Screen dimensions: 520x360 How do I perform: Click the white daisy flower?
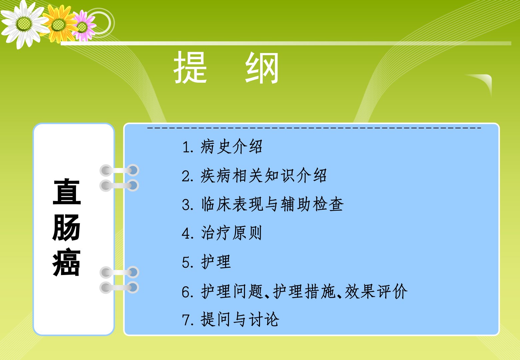[24, 24]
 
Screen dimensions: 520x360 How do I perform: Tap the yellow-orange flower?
[59, 25]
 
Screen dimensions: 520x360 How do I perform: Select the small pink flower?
[82, 26]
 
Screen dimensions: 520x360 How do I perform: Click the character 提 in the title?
[190, 67]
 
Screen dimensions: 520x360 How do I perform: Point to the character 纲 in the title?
[262, 67]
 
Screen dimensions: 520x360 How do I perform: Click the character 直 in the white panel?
[67, 192]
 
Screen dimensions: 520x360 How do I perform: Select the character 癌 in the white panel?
[66, 262]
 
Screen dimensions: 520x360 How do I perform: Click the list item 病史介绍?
[231, 146]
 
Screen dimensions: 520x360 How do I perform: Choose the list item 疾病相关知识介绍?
[263, 175]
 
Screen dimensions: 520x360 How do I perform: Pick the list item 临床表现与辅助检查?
[272, 204]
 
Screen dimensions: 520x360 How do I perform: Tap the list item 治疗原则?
[231, 233]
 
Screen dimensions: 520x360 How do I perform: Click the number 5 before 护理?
[186, 263]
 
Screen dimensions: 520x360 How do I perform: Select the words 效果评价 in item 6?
[376, 291]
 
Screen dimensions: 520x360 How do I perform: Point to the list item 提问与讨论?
[240, 319]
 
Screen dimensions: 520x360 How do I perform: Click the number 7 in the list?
[186, 320]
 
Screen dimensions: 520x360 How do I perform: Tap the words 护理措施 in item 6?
[304, 291]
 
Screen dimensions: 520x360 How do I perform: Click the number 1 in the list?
[186, 147]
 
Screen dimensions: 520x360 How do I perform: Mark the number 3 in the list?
[186, 204]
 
